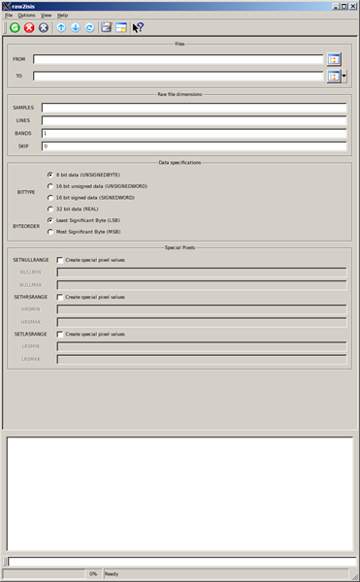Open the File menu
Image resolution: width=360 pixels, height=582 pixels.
point(9,16)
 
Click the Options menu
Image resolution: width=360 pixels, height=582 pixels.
point(26,16)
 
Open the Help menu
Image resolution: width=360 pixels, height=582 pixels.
point(62,16)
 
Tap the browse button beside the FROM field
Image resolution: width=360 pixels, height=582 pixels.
point(333,59)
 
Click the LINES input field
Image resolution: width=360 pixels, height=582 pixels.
point(194,120)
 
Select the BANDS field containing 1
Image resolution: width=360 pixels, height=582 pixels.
point(194,133)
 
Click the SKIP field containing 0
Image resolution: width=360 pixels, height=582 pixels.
point(194,145)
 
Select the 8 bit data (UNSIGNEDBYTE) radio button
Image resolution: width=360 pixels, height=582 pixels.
point(50,175)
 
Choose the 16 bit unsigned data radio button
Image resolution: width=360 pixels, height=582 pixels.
point(50,186)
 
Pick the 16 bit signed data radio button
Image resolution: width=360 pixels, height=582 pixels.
point(50,197)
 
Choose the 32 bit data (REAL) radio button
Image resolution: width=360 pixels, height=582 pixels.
point(50,209)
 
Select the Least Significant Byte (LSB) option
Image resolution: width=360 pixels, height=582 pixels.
point(50,220)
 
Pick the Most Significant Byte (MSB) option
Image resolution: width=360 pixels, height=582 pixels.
point(50,232)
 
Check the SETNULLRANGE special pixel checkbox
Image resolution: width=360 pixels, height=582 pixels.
point(60,260)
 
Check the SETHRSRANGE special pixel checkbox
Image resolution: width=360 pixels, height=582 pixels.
point(60,297)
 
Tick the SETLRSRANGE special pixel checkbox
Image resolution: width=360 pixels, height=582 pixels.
point(60,334)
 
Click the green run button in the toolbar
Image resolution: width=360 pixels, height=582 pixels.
point(15,28)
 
